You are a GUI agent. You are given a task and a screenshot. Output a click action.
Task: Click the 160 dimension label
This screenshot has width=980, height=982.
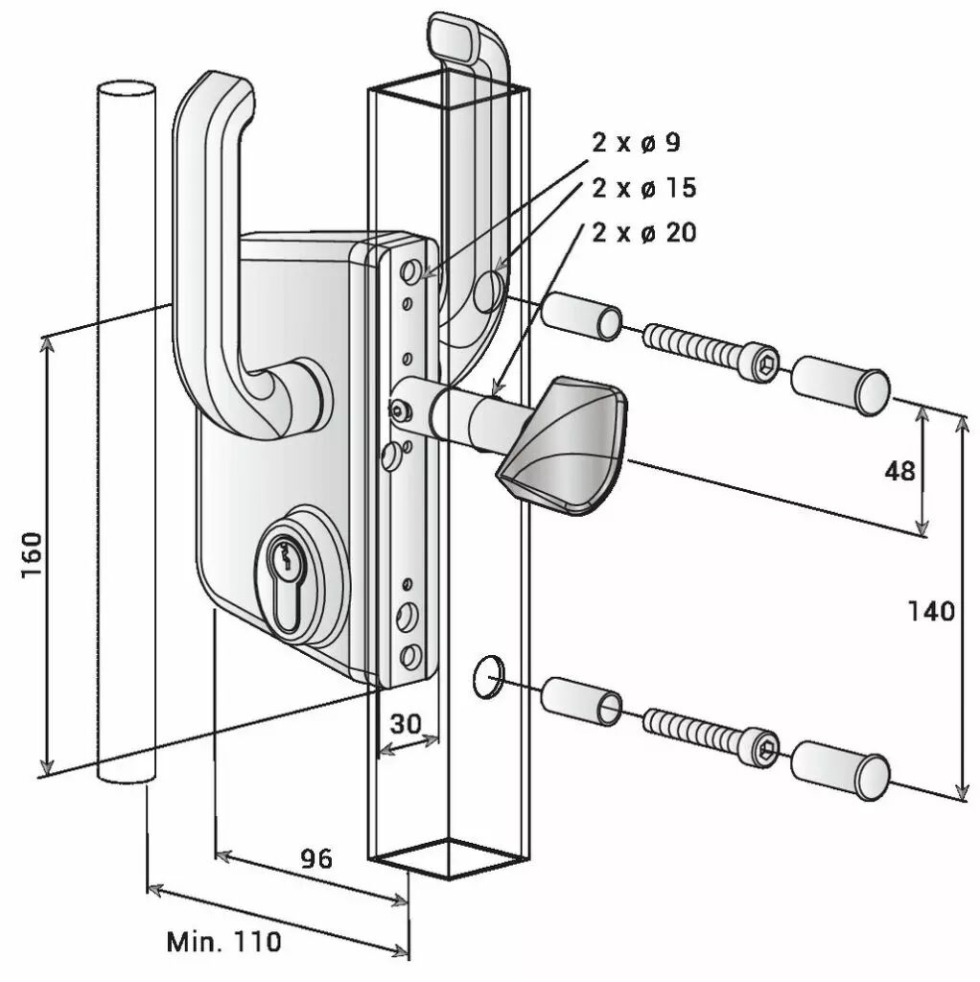tap(32, 555)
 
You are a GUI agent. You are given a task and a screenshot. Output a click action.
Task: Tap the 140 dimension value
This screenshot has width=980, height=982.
tap(931, 611)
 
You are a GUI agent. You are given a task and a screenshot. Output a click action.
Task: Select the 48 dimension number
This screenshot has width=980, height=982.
tap(899, 471)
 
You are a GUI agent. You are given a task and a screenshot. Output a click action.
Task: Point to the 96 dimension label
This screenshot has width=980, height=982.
tap(316, 858)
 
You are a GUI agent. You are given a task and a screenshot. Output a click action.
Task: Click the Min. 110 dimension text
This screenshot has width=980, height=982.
tap(224, 942)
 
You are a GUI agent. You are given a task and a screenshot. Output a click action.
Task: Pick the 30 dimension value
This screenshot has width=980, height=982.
tap(406, 724)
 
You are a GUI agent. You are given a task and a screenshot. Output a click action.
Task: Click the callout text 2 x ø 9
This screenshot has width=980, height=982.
tap(636, 143)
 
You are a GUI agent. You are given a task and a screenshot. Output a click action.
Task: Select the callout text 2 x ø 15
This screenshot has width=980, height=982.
tap(643, 188)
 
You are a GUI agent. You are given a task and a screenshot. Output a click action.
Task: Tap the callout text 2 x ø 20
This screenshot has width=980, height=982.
tap(643, 233)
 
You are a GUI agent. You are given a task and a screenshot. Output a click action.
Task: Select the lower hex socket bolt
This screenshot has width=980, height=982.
tap(712, 736)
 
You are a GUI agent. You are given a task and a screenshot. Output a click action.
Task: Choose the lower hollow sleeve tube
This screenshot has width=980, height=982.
tap(581, 700)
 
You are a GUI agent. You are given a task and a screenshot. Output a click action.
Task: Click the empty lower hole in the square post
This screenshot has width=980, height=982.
tap(487, 676)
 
